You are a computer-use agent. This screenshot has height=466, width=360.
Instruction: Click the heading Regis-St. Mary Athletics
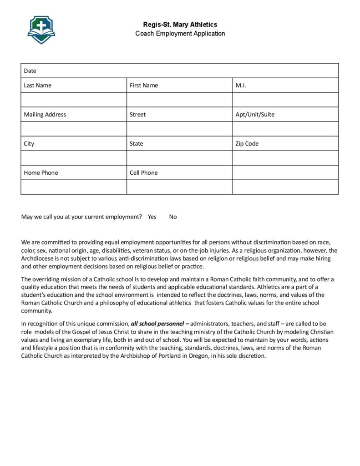180,25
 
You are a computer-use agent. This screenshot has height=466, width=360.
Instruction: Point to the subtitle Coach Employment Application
180,34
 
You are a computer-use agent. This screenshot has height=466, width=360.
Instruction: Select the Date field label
30,71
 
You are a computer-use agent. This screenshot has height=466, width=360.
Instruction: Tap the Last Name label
38,86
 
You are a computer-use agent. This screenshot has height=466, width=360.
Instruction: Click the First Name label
144,86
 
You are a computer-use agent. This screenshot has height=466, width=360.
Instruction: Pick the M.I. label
241,86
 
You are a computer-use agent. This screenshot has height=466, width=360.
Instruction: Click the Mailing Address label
45,115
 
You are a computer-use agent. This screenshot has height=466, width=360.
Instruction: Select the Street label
137,115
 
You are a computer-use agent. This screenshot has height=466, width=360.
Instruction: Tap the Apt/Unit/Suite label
255,115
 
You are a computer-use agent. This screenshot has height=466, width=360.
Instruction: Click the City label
29,144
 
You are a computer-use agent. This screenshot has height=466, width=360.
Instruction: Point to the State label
136,144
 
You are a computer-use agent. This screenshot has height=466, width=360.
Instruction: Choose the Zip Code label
247,144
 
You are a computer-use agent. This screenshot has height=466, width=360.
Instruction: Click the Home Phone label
41,173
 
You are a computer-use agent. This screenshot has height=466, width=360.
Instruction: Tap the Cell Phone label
143,173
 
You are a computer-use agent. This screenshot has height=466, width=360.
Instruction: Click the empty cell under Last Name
74,100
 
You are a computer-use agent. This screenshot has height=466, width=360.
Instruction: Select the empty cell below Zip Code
285,158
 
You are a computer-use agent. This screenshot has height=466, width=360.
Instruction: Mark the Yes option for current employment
152,217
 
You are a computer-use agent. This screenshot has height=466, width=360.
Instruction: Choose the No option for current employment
173,217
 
